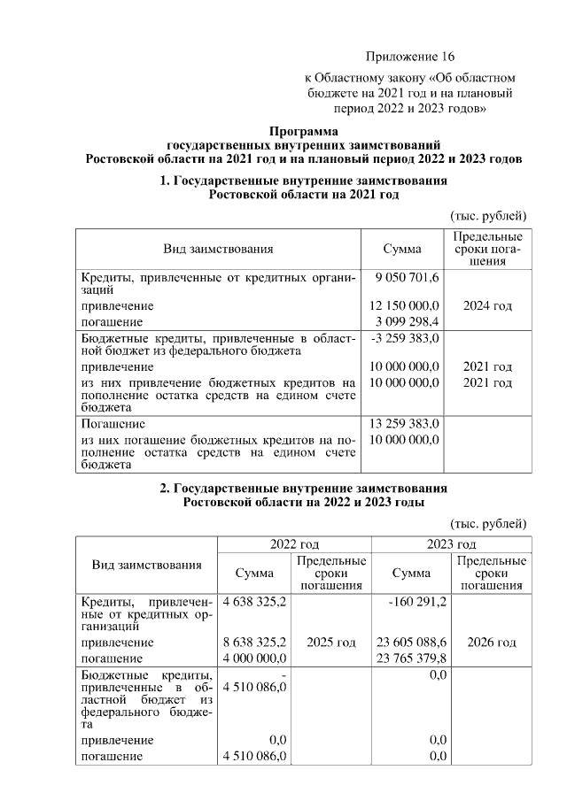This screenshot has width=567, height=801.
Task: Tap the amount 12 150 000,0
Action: [x=404, y=305]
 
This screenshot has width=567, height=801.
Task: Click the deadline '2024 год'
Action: [x=488, y=305]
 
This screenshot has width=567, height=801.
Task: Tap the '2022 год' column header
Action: [x=294, y=543]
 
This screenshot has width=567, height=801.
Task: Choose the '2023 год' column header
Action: [x=451, y=543]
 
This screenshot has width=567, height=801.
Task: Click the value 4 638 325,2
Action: [x=255, y=602]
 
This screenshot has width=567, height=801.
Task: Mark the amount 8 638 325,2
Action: [x=255, y=643]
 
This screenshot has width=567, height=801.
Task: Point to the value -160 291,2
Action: [x=417, y=602]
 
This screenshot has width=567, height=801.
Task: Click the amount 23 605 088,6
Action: [x=411, y=643]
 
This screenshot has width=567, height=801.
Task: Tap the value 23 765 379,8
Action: [x=411, y=658]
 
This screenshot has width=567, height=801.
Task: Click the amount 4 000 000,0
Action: [x=255, y=658]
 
